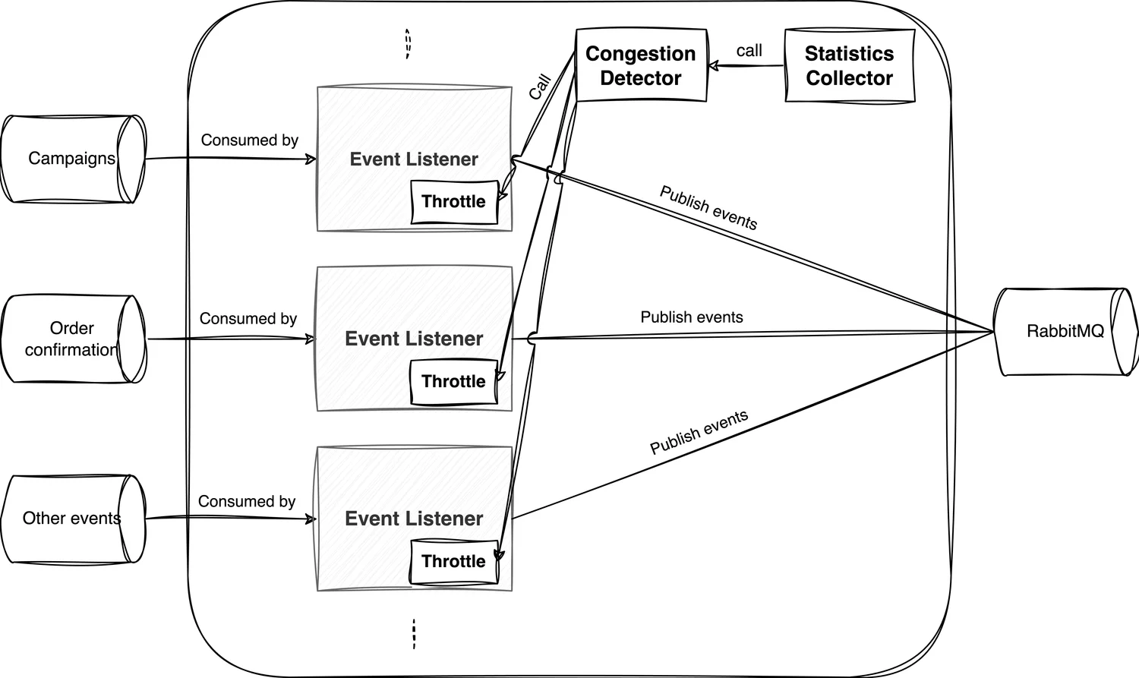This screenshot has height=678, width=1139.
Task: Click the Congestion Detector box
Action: [x=641, y=65]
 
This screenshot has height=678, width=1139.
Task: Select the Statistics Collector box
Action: [x=849, y=65]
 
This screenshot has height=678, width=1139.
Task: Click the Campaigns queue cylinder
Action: [x=72, y=159]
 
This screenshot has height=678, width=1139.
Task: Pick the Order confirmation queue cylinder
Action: [x=72, y=339]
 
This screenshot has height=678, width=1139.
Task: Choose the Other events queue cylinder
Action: [x=72, y=519]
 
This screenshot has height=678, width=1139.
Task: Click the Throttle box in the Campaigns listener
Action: [x=453, y=202]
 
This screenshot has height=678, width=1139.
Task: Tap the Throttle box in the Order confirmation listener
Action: [x=453, y=382]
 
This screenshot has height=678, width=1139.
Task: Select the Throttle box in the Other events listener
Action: [x=453, y=562]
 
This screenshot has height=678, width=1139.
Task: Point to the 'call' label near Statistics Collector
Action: [x=749, y=51]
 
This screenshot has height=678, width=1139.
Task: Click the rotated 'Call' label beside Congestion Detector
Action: [x=539, y=87]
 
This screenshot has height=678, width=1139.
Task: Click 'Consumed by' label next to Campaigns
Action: [x=249, y=140]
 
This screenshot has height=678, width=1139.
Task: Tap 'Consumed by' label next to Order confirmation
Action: [x=248, y=319]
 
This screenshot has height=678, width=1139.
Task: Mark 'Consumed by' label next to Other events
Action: [x=246, y=502]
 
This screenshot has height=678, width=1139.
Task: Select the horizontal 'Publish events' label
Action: [x=691, y=317]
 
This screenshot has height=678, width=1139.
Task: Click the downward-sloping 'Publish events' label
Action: [x=708, y=207]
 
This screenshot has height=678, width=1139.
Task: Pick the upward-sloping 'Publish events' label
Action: [x=699, y=432]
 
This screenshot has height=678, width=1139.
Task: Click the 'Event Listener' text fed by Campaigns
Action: [x=414, y=159]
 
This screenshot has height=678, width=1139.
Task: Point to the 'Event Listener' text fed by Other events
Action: [x=414, y=519]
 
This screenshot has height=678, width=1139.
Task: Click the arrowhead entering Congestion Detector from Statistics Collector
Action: [x=714, y=66]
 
